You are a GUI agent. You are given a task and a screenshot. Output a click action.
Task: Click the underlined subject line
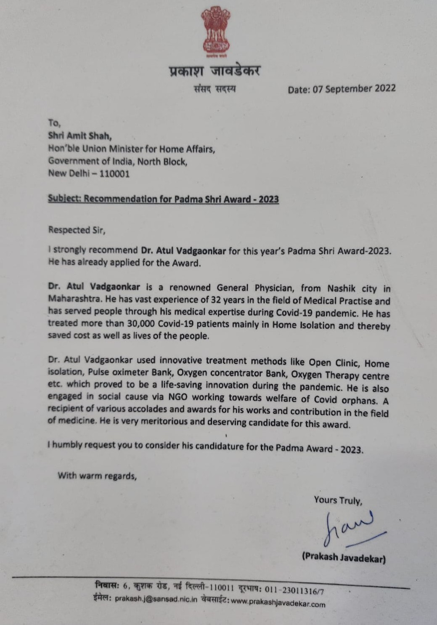pyautogui.click(x=163, y=199)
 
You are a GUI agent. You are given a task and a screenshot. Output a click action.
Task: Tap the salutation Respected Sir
pyautogui.click(x=75, y=230)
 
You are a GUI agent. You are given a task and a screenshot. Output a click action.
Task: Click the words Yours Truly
pyautogui.click(x=338, y=500)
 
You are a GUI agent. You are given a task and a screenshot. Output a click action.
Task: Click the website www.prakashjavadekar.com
pyautogui.click(x=278, y=603)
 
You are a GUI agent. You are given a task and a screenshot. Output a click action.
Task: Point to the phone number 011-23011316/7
pyautogui.click(x=294, y=590)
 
